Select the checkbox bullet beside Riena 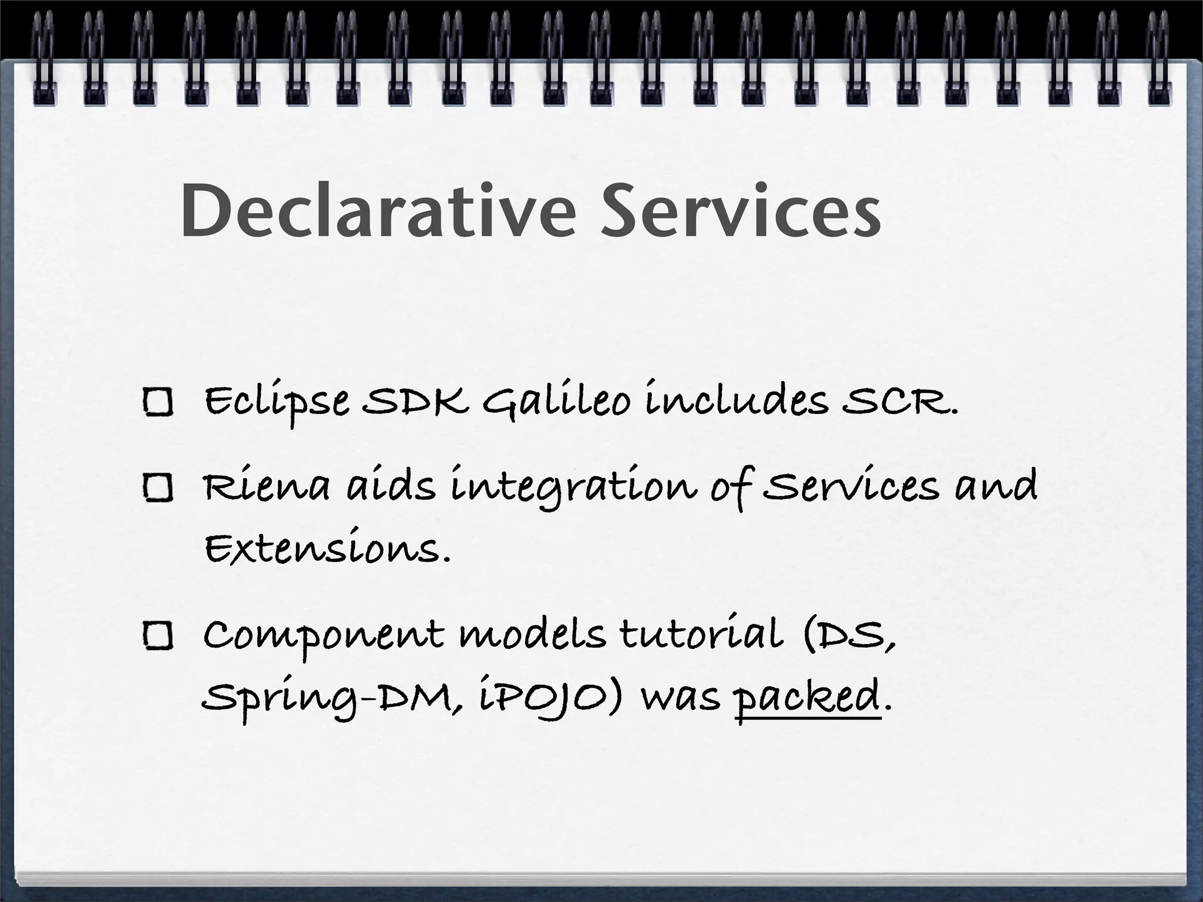(x=157, y=488)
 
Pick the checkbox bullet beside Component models (x=157, y=637)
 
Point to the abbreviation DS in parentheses (x=849, y=635)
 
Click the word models (x=532, y=635)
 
